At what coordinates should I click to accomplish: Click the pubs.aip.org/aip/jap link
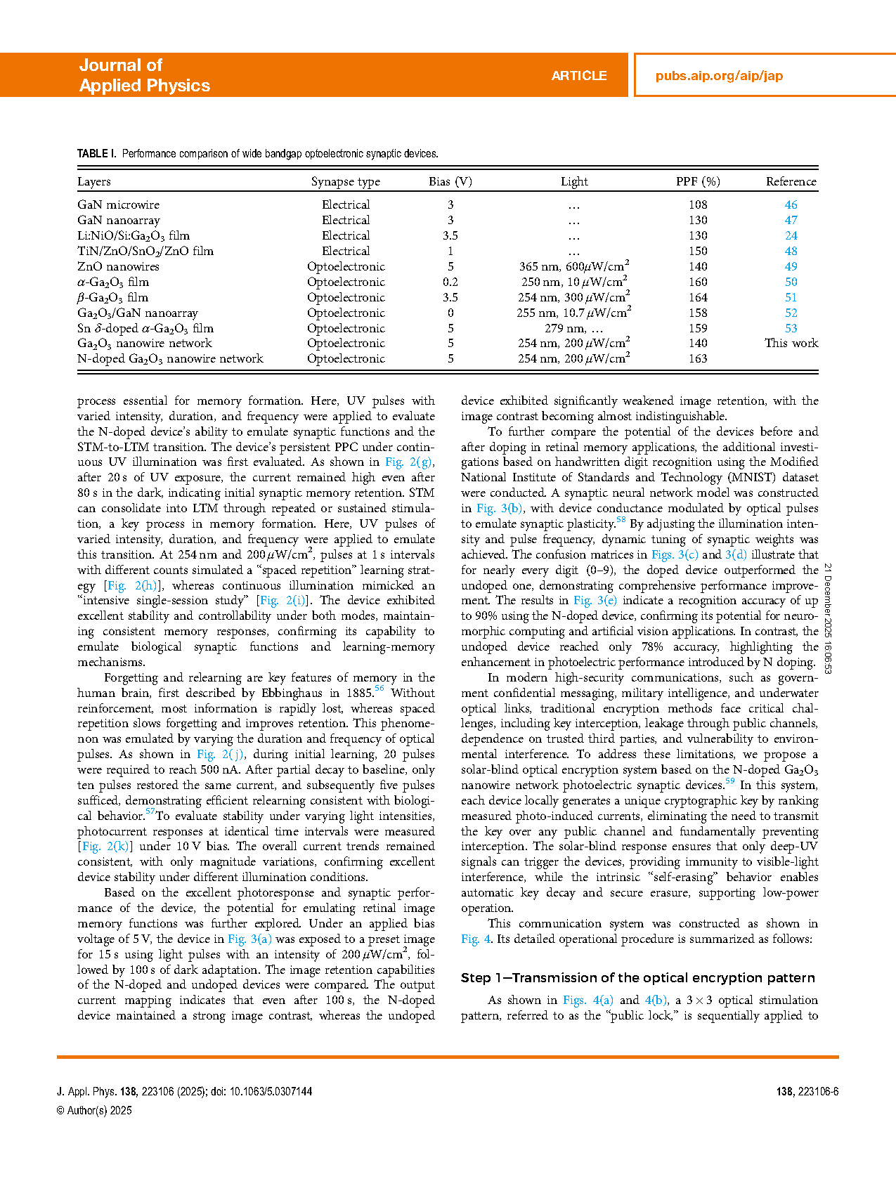coord(719,76)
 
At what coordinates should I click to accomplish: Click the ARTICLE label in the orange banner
coord(578,76)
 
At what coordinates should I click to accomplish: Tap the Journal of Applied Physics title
coord(144,75)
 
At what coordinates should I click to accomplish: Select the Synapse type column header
coord(346,181)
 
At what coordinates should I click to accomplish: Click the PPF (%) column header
coord(698,181)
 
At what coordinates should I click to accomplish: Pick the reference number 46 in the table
coord(791,204)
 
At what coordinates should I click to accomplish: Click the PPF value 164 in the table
coord(698,297)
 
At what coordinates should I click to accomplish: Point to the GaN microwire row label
coord(119,204)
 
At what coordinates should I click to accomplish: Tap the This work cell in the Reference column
coord(791,343)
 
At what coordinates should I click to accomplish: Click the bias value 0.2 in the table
coord(450,282)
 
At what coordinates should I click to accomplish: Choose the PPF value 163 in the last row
coord(698,358)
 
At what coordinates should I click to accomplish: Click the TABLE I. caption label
coord(97,154)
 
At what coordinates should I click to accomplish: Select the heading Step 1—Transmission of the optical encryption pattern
coord(637,977)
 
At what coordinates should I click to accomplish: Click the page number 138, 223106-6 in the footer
coord(807,1091)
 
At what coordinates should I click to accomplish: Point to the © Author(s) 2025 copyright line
coord(94,1110)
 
